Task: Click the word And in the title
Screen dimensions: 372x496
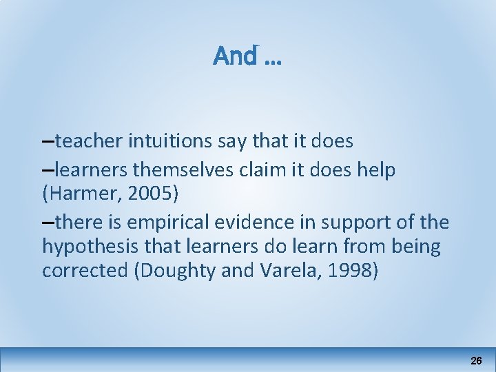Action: click(235, 56)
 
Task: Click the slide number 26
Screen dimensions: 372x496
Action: click(476, 360)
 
